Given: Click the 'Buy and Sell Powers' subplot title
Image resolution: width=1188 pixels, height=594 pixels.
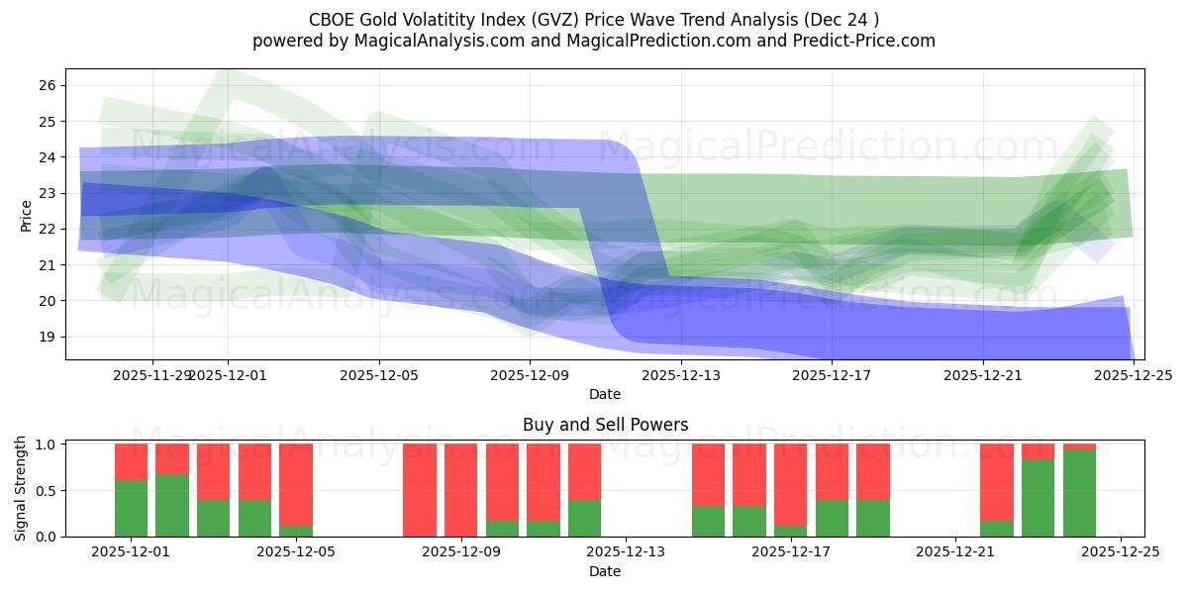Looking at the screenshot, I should [x=605, y=425].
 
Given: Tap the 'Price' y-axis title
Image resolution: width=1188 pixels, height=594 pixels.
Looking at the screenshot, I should [x=27, y=215].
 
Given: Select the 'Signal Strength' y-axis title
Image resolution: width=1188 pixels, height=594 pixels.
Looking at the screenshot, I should [x=22, y=489].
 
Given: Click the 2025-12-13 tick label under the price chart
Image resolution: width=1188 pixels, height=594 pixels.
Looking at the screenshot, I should [x=681, y=375].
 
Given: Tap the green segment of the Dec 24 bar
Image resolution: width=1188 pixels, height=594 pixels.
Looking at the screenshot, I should [x=1079, y=493].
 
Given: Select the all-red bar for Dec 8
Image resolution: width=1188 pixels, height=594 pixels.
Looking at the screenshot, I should [x=420, y=490].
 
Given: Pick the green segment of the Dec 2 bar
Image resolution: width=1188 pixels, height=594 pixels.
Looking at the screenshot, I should [x=172, y=505].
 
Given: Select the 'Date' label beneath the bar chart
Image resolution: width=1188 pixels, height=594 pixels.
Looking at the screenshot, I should [x=605, y=571].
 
